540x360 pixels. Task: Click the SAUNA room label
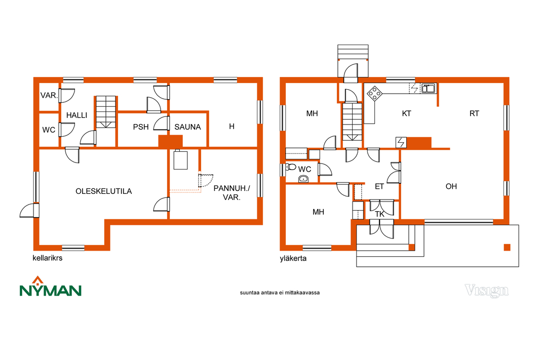click(187, 127)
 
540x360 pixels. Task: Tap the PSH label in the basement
click(141, 127)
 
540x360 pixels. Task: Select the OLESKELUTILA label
click(104, 191)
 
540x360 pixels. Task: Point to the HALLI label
click(76, 115)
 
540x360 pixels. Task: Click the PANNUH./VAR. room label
click(232, 193)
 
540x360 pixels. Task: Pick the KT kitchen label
click(406, 113)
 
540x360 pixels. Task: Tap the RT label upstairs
click(474, 113)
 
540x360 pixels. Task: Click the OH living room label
click(451, 186)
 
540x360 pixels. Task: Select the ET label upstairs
click(379, 186)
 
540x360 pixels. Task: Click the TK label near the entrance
click(379, 214)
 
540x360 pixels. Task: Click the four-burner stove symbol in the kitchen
click(375, 93)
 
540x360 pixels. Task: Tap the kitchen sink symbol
click(429, 89)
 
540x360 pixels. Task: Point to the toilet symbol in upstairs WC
click(291, 167)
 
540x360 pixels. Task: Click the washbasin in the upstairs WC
click(303, 179)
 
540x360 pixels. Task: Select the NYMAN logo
click(50, 287)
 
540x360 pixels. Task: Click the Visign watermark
click(486, 291)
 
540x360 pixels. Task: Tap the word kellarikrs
click(48, 258)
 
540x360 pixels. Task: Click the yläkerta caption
click(293, 258)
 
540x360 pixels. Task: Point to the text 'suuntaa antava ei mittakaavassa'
click(280, 293)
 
